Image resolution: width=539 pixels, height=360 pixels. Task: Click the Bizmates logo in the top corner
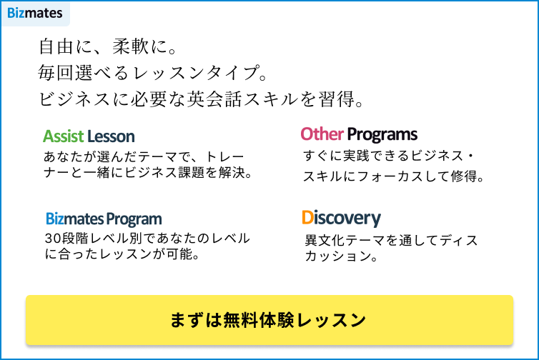[x=35, y=14]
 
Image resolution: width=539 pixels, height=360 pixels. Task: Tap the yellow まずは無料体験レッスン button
[x=269, y=320]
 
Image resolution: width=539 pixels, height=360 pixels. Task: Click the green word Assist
[x=64, y=136]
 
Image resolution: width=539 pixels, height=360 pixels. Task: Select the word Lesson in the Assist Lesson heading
[x=111, y=136]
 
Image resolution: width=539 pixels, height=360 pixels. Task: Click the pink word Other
[x=322, y=134]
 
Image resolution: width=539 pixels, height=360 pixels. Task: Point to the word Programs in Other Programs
[x=382, y=135]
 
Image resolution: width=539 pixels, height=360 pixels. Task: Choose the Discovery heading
[x=342, y=219]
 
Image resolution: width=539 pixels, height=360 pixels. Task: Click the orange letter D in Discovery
[x=307, y=217]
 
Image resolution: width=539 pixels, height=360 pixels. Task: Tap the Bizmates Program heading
[x=104, y=219]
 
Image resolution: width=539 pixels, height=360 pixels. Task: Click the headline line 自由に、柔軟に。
[x=108, y=46]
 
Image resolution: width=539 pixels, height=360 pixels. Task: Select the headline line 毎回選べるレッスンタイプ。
[x=153, y=73]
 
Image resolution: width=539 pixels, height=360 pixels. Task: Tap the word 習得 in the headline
[x=337, y=99]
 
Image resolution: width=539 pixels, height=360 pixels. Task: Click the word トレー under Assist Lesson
[x=224, y=156]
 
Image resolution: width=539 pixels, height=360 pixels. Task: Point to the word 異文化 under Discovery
[x=325, y=240]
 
